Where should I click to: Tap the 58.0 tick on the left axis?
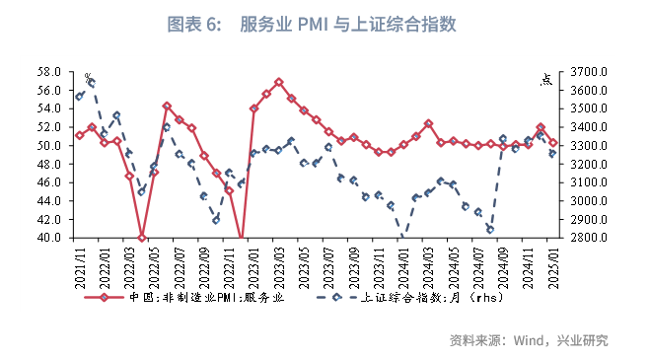point(49,72)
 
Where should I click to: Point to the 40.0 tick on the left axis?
point(49,238)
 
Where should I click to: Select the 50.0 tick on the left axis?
point(49,146)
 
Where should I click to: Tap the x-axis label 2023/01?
point(254,265)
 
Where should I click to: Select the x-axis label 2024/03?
point(429,265)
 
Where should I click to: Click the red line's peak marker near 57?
point(279,82)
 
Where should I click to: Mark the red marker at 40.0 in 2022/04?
point(142,238)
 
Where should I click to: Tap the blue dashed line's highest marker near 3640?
point(92,84)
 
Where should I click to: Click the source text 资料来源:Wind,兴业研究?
point(529,341)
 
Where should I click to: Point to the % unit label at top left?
point(88,77)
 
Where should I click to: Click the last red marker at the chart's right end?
point(553,143)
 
